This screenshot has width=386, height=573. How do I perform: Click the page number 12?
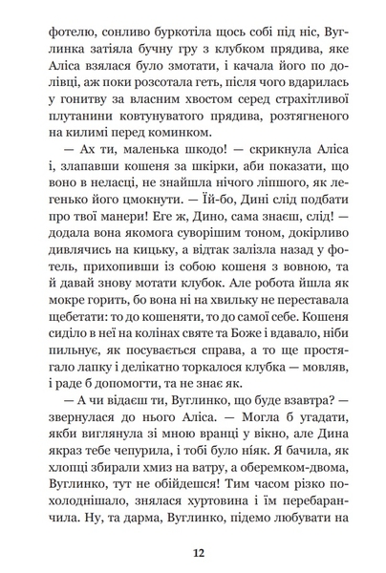coord(197,551)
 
